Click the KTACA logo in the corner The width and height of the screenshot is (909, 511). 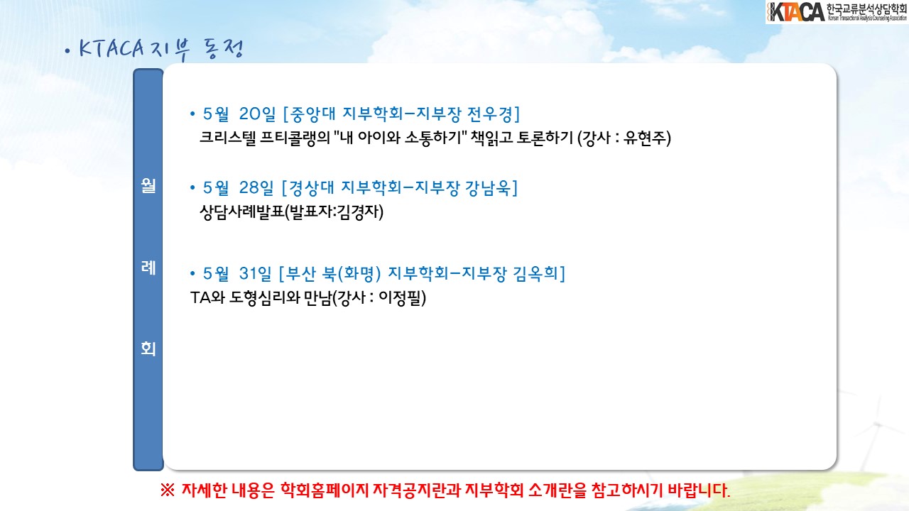(837, 12)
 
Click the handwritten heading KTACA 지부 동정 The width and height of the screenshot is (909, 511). (160, 50)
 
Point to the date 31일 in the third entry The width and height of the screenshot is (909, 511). (255, 274)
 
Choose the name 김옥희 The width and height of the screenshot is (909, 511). (535, 274)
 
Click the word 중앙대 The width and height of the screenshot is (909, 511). (313, 114)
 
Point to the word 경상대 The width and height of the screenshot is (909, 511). (311, 188)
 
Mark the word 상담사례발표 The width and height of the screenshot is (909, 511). (242, 211)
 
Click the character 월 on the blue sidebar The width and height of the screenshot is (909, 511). (148, 185)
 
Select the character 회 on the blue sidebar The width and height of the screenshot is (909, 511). (148, 348)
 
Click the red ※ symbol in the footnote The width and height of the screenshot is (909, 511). (167, 490)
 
